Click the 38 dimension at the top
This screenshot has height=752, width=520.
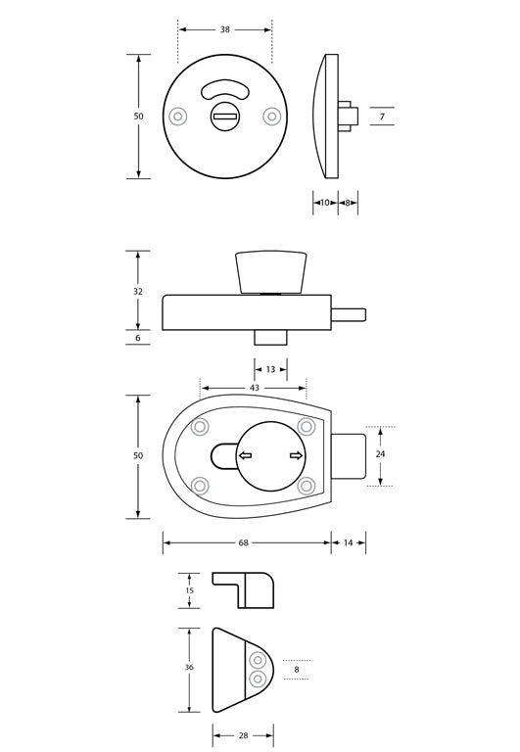(x=225, y=29)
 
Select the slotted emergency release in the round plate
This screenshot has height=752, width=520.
(x=224, y=117)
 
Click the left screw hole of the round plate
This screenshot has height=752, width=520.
(x=177, y=117)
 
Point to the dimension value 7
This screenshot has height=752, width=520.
(x=382, y=117)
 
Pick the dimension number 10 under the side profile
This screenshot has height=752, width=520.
(x=325, y=203)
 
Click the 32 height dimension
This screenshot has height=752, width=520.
(x=138, y=291)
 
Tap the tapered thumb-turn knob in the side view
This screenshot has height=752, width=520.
(x=271, y=271)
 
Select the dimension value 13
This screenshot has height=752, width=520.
(x=271, y=369)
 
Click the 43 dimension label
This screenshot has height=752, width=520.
(x=254, y=388)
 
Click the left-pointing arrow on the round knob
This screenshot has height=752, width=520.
(x=244, y=455)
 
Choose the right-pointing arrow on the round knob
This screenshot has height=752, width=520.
(x=296, y=455)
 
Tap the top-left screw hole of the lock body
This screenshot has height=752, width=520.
(x=201, y=427)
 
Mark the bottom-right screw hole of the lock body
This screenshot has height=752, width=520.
(x=306, y=485)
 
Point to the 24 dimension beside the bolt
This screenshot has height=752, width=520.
(x=381, y=454)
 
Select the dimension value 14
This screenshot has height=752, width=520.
(x=349, y=542)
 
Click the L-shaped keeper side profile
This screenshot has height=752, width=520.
(x=245, y=590)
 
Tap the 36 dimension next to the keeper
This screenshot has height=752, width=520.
(x=189, y=668)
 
